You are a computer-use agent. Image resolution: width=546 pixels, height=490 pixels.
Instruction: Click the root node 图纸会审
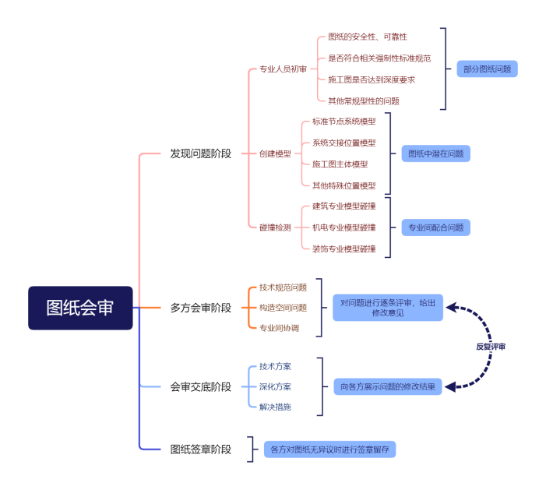coord(80,308)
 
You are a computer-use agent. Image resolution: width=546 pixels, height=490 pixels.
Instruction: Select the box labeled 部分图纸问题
coord(487,69)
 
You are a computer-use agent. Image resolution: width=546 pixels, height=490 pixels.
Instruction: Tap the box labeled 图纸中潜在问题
coord(435,153)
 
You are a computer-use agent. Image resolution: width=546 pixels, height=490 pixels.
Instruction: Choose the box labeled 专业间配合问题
coord(435,227)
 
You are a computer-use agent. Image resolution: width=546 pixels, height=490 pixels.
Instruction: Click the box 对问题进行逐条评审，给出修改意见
coord(388,308)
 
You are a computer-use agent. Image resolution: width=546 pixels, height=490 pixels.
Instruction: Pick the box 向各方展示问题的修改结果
coord(388,386)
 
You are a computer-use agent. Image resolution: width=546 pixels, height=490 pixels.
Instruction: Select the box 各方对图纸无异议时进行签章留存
coord(329,449)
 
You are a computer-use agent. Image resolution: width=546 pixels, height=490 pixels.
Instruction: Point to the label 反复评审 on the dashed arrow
coord(491,346)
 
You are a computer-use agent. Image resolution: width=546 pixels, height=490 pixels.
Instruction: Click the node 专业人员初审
coord(283,69)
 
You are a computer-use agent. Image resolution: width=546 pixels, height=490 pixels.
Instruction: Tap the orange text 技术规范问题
coord(283,287)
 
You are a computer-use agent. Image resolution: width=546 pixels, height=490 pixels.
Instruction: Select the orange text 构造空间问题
coord(283,308)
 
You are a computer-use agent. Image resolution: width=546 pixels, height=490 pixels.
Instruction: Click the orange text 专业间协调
coord(278,328)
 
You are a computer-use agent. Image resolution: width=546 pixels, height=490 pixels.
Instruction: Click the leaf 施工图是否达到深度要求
coord(372,79)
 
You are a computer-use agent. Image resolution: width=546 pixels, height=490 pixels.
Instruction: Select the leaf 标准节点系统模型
coord(343,122)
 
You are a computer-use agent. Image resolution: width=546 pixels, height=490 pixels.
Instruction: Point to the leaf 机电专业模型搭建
coord(343,227)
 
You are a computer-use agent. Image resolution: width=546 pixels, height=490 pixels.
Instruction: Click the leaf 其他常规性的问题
coord(364,100)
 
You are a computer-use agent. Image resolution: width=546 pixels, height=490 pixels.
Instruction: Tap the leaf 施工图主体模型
coord(340,164)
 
